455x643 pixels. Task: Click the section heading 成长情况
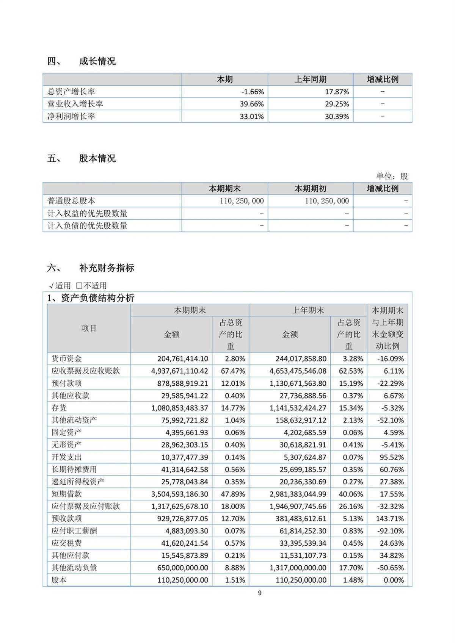[x=97, y=61]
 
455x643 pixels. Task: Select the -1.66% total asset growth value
[x=252, y=92]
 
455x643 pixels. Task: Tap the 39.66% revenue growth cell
[x=252, y=104]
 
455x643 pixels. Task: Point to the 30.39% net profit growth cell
[x=337, y=116]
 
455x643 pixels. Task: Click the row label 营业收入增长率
[x=75, y=104]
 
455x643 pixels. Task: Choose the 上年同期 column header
[x=310, y=79]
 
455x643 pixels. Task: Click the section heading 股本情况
[x=97, y=158]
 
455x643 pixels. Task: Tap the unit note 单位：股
[x=392, y=176]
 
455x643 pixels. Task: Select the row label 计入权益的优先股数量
[x=87, y=213]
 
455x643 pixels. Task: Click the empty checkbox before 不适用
[x=79, y=286]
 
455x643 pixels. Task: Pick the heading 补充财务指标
[x=107, y=268]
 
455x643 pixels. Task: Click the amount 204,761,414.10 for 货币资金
[x=183, y=359]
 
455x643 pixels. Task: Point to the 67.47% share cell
[x=233, y=371]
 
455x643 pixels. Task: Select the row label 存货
[x=59, y=408]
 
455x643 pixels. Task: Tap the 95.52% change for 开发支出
[x=392, y=457]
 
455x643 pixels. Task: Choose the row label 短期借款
[x=67, y=494]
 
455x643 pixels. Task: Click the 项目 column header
[x=89, y=328]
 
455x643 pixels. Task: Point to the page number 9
[x=260, y=593]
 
